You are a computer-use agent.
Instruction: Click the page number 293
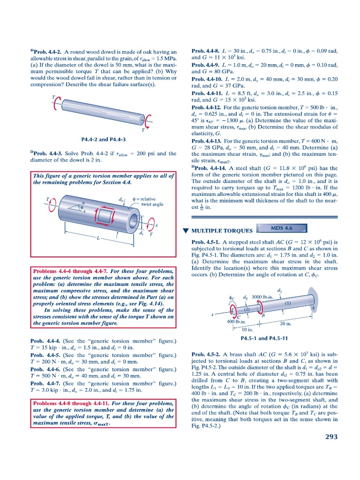331,437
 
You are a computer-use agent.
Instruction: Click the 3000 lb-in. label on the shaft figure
262,298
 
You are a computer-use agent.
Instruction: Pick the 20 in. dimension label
285,323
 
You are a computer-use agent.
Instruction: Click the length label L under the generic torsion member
97,239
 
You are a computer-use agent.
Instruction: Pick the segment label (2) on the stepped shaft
246,309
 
